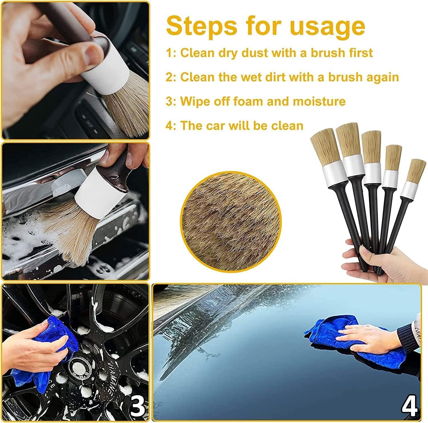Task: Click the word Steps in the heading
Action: (x=201, y=26)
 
